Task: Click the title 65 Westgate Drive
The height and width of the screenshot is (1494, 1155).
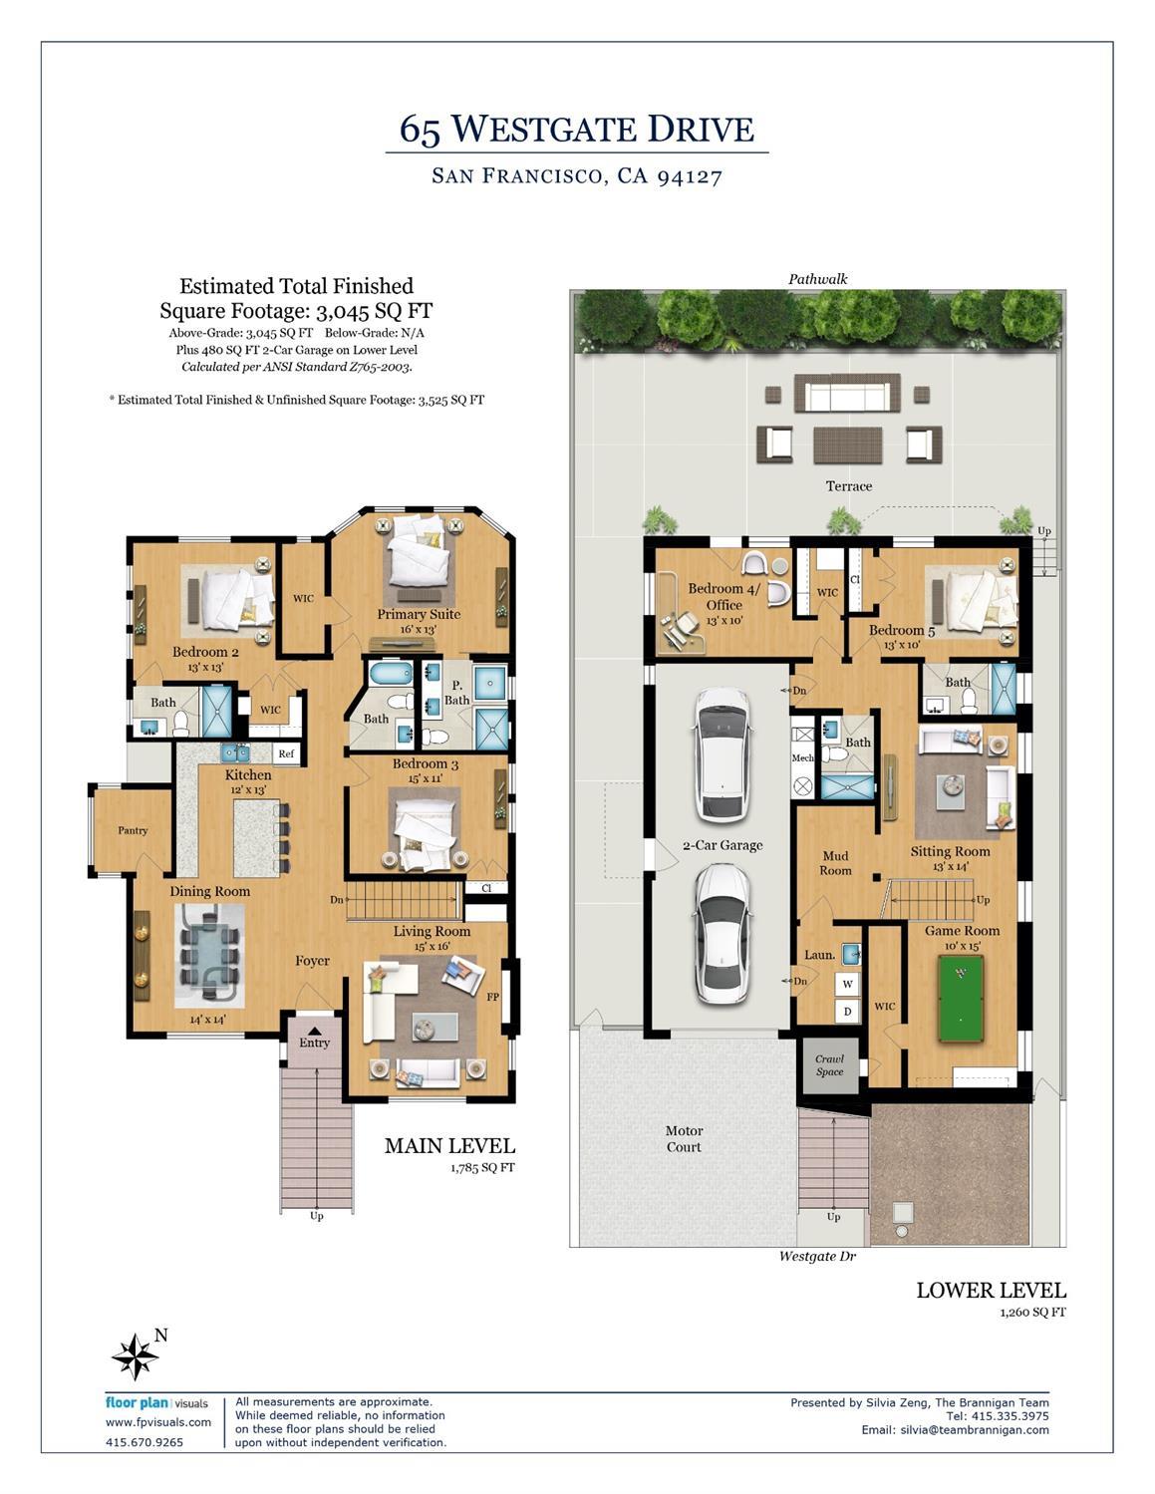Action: point(577,129)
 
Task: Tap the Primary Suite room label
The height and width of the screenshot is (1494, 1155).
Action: point(419,614)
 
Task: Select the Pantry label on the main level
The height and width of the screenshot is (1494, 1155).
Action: point(133,830)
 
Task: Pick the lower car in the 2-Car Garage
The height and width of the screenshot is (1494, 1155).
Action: point(722,933)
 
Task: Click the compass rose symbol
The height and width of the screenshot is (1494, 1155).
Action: point(135,1356)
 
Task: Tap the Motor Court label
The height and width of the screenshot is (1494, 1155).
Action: point(684,1138)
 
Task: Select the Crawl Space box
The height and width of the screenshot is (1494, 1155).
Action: point(829,1065)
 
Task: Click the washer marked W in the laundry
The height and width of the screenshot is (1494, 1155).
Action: point(848,984)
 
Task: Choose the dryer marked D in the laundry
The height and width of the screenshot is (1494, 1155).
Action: point(848,1011)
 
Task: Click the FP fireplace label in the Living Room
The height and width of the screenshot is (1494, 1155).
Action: point(492,997)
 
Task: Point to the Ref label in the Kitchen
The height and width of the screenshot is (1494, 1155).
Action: point(286,753)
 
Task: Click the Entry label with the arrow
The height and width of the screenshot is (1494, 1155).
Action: point(314,1043)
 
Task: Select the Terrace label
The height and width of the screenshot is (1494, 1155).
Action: point(848,486)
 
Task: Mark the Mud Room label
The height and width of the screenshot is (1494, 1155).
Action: point(835,863)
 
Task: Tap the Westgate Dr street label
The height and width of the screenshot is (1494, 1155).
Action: point(817,1257)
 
